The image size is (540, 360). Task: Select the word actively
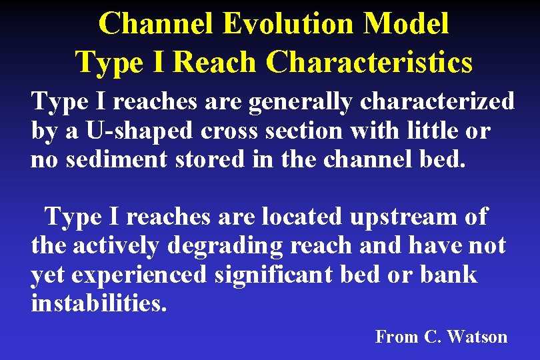[115, 246]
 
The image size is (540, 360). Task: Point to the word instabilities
[99, 303]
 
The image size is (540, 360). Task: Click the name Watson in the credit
[477, 337]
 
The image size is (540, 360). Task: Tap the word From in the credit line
[397, 337]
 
